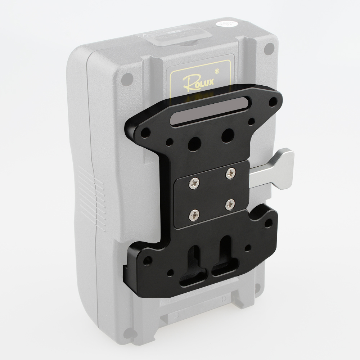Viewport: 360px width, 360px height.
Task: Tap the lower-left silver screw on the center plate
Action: pyautogui.click(x=194, y=215)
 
